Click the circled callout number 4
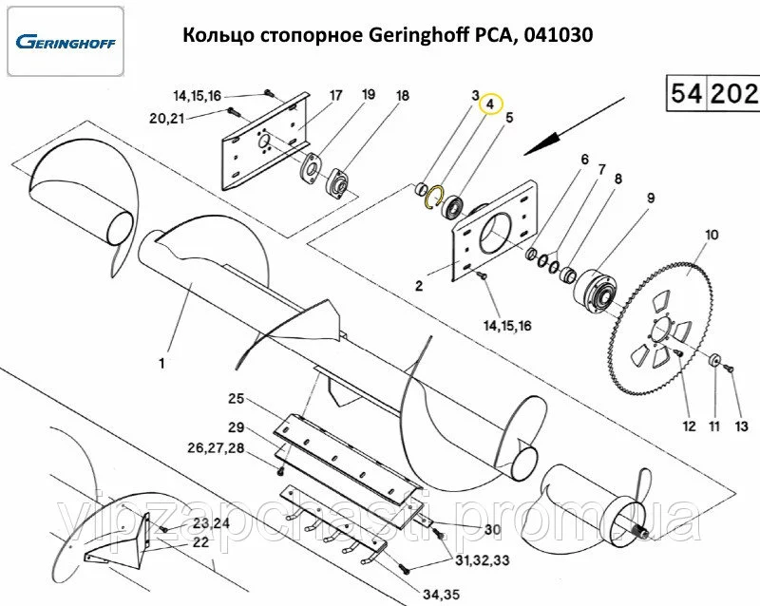(491, 104)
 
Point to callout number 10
(712, 235)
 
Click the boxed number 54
(686, 94)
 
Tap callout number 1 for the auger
(161, 364)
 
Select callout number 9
(651, 199)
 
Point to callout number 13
(742, 426)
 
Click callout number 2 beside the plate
(418, 284)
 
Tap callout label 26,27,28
(217, 447)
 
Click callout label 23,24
(211, 523)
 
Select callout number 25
(237, 397)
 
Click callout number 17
(335, 96)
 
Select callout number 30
(492, 529)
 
